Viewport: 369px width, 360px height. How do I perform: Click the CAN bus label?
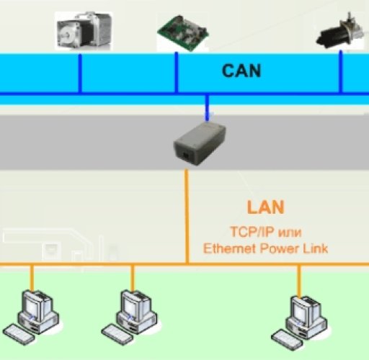pos(241,71)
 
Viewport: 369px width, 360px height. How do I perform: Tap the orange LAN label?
pos(265,208)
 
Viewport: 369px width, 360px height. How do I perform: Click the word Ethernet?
pos(229,250)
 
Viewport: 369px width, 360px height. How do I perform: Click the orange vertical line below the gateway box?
pos(187,216)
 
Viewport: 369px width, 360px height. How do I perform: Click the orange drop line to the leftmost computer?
pos(31,277)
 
